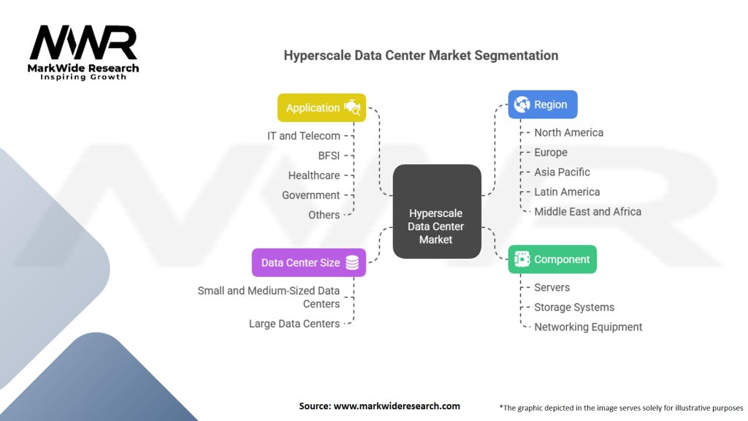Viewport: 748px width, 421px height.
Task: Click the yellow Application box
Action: point(321,107)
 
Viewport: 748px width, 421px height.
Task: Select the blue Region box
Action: point(543,105)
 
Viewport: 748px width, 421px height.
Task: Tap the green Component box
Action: point(552,259)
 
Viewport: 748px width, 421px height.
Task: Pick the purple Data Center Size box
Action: point(308,262)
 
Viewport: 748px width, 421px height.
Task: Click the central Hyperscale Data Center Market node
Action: point(436,226)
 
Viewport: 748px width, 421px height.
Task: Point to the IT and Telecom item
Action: point(303,135)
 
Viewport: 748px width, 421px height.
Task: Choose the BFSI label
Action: point(329,155)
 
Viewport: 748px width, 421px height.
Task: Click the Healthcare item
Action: point(313,175)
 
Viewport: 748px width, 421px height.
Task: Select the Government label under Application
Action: point(310,194)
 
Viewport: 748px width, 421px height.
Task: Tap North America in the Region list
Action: point(568,132)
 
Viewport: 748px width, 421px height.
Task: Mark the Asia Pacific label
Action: point(562,172)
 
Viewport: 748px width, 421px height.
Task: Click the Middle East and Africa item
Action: point(587,211)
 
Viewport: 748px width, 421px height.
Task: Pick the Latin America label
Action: point(567,191)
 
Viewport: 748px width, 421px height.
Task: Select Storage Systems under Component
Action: point(574,307)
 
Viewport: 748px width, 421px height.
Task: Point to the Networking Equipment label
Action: point(588,327)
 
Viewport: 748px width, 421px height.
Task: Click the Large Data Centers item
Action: point(294,323)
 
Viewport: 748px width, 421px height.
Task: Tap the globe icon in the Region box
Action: point(522,105)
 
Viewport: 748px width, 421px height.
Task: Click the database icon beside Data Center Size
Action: point(352,262)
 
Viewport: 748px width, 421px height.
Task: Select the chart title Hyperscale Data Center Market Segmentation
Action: point(421,56)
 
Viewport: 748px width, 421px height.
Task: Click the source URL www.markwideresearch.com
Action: point(397,406)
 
